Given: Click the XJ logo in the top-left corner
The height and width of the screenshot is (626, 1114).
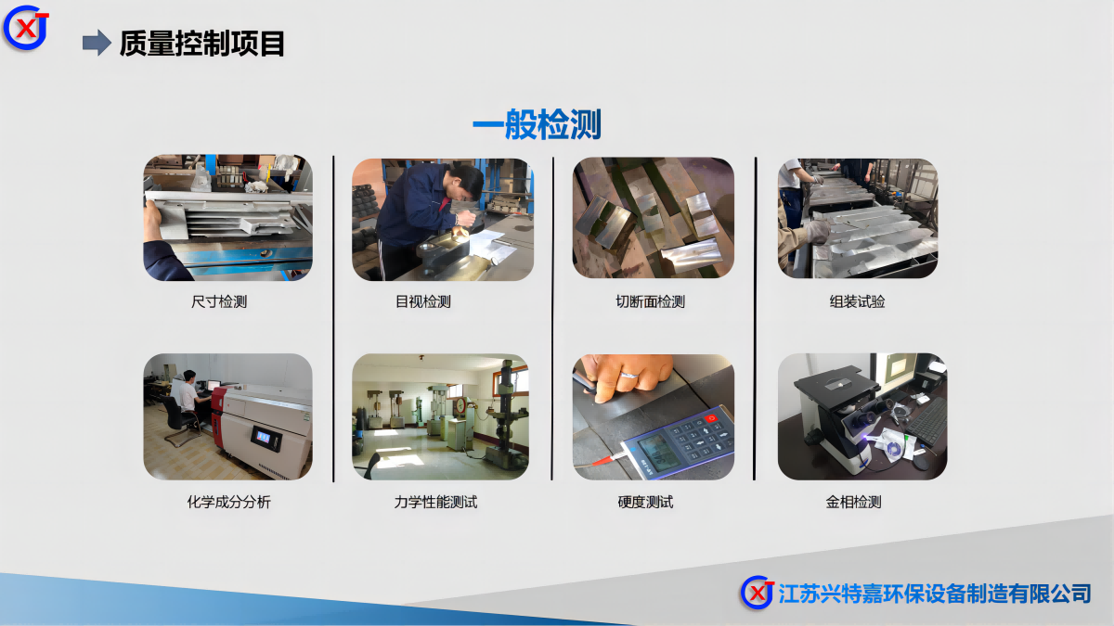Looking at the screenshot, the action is click(26, 28).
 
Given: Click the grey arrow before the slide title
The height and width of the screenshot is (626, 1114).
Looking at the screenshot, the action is click(97, 43).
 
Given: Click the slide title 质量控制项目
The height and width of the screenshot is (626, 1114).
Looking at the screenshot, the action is click(202, 44).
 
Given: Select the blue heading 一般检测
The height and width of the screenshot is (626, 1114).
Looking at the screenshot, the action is click(538, 124).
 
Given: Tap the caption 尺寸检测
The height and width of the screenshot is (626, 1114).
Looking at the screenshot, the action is click(219, 301).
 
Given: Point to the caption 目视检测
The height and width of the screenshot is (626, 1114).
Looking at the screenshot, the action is click(423, 301).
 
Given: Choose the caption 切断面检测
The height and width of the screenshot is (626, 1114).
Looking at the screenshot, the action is click(651, 301).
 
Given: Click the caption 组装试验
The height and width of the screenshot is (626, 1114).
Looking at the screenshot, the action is click(858, 301).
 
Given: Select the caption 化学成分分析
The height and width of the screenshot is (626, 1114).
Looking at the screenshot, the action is click(228, 503).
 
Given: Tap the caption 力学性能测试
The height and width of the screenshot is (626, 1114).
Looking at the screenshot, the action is click(435, 503).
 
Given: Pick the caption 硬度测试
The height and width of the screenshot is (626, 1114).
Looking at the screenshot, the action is click(645, 503).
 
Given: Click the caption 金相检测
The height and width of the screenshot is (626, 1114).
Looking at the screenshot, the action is click(854, 503).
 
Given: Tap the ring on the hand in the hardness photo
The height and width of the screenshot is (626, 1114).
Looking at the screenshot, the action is click(629, 375).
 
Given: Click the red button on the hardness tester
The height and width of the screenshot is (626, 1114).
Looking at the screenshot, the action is click(712, 418).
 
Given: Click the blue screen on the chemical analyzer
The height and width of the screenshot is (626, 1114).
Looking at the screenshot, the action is click(264, 438).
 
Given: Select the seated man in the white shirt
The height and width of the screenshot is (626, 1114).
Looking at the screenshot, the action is click(189, 391).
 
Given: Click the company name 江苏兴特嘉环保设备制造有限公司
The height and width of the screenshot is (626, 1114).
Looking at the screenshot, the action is click(935, 594).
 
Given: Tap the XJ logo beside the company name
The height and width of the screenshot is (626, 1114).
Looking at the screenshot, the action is click(757, 593).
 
